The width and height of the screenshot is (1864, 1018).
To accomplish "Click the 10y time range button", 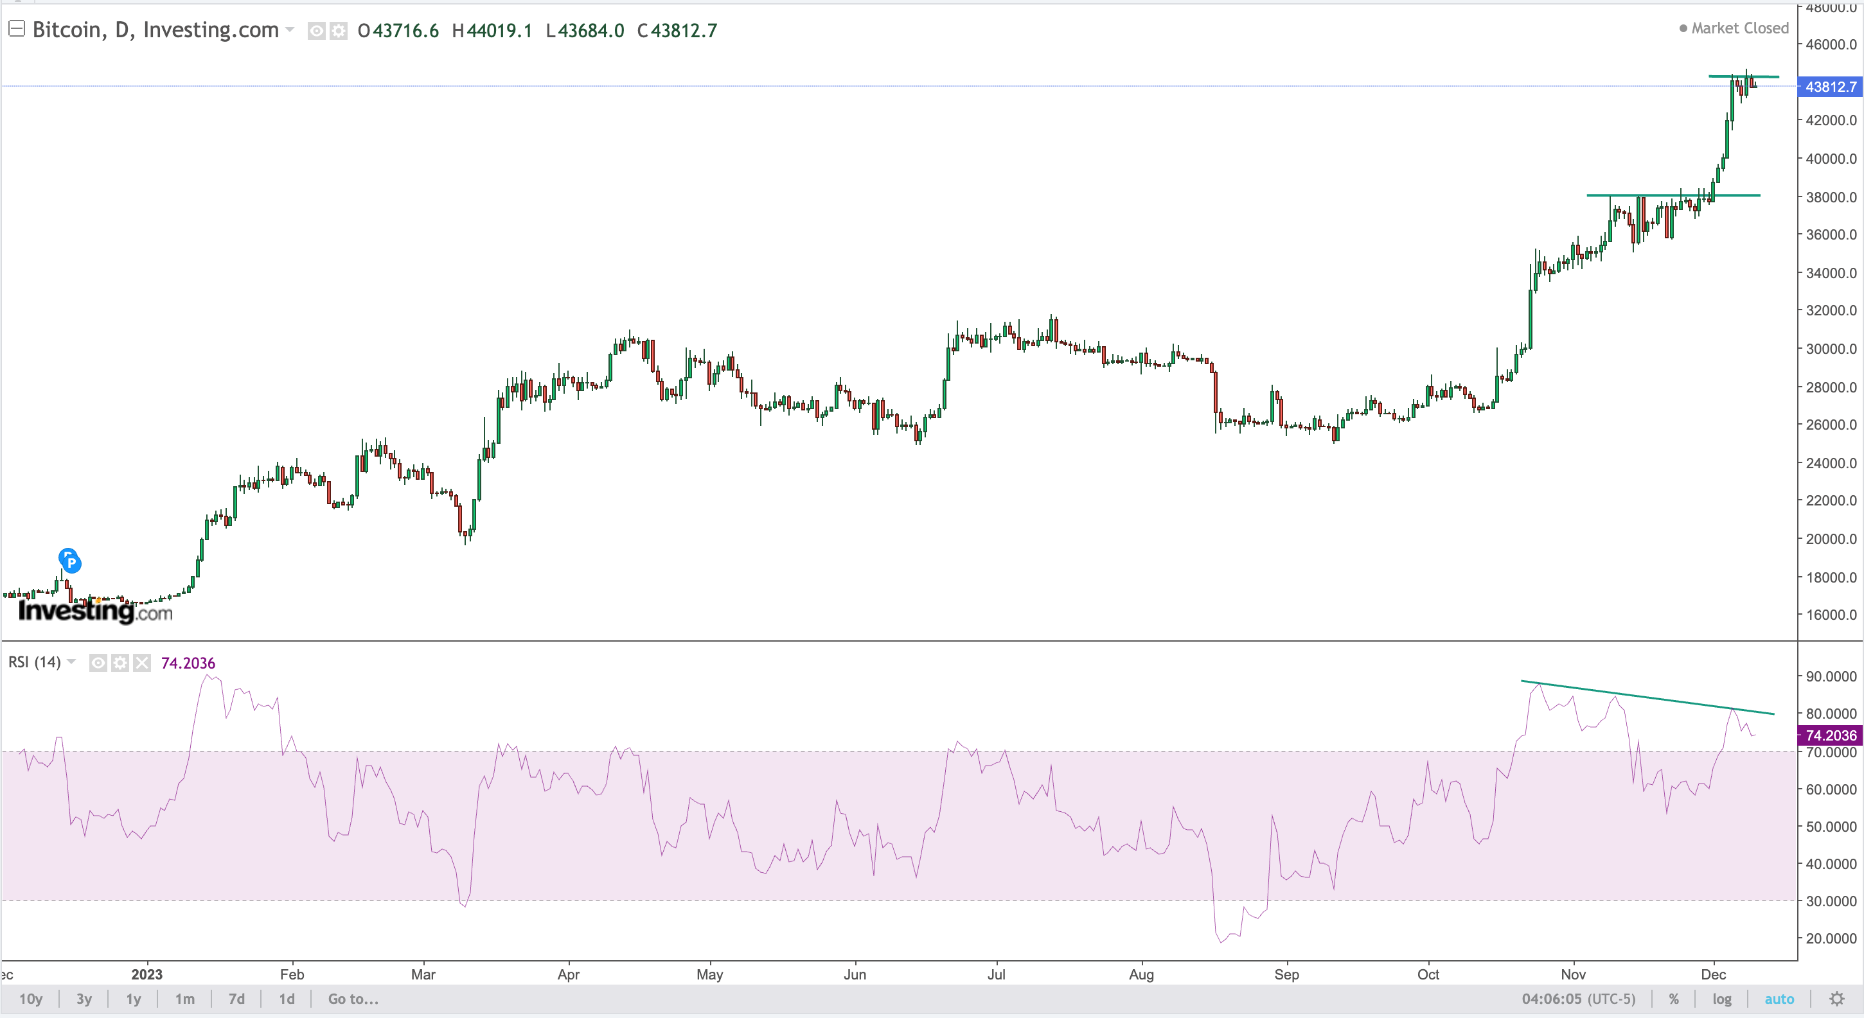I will click(x=30, y=999).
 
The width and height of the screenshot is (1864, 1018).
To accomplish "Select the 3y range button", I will click(x=84, y=999).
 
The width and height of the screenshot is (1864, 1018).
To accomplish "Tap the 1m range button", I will click(x=184, y=999).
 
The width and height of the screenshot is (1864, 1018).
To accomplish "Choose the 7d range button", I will click(x=236, y=999).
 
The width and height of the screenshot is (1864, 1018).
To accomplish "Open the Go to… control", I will click(x=353, y=999).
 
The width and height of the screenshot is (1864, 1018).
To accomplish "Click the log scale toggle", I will click(x=1721, y=999).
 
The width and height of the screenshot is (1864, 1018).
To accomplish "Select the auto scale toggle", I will click(x=1779, y=999).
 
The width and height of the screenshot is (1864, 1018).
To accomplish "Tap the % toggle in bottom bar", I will click(x=1673, y=999).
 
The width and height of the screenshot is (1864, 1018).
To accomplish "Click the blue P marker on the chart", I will click(x=69, y=561).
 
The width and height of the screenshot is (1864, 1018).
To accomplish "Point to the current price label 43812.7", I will click(x=1830, y=87).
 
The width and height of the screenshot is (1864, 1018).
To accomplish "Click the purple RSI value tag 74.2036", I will click(x=1830, y=735).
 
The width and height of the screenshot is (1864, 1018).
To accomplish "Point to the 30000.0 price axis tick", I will click(x=1831, y=349).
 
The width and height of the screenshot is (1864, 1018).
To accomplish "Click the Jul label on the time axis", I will click(x=996, y=974).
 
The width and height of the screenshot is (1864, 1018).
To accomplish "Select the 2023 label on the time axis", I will click(x=147, y=974).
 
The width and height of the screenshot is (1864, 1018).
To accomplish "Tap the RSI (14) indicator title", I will click(x=35, y=662).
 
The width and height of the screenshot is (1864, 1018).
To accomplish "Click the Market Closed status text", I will click(x=1739, y=28).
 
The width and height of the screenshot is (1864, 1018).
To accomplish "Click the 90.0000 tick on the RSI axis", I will click(x=1831, y=676).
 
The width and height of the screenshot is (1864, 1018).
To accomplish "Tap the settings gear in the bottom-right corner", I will click(x=1836, y=999).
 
